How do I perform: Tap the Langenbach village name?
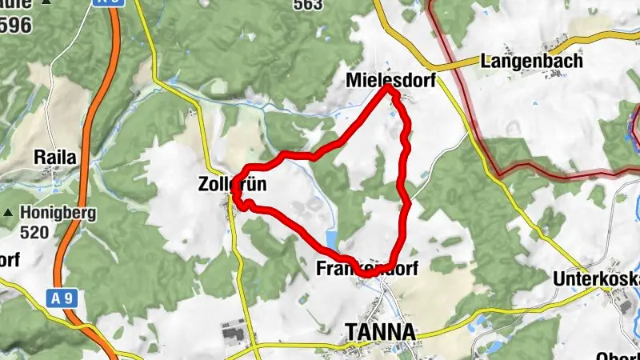tap(531, 60)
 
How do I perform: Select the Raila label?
tap(55, 158)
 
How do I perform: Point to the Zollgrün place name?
tap(232, 185)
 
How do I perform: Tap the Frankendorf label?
tap(367, 268)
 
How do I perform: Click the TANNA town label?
tap(379, 332)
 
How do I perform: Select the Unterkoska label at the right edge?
tap(597, 279)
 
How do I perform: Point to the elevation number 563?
tap(308, 5)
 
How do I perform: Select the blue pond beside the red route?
tap(331, 238)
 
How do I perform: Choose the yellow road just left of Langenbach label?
tap(456, 63)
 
